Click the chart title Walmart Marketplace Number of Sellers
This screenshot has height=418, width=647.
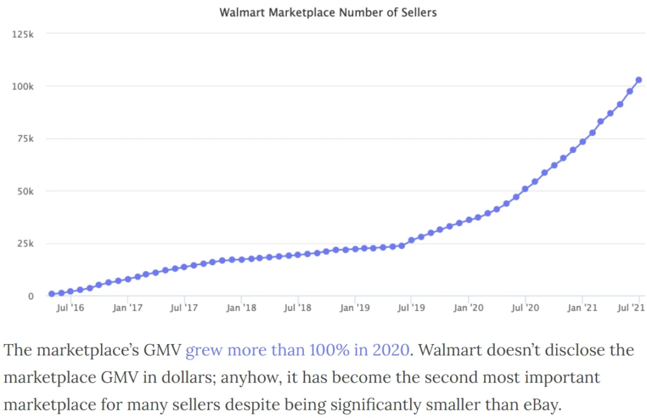coord(327,12)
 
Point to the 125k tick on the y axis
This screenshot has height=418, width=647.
coord(23,34)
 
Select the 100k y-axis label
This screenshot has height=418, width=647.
coord(23,86)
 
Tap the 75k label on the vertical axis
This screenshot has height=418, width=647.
coord(25,138)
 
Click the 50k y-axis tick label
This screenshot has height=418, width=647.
coord(25,191)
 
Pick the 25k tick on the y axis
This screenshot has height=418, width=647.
coord(25,243)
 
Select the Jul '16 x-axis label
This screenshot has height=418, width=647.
coord(71,308)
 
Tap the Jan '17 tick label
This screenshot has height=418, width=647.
coord(128,308)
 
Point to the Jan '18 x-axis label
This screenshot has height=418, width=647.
coord(241,308)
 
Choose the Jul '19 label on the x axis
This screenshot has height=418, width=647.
coord(411,308)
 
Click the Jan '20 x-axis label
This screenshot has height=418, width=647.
coord(468,308)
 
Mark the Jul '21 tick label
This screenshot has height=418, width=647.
coord(631,308)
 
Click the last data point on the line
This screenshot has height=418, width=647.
coord(639,80)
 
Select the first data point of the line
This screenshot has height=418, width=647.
coord(52,294)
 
